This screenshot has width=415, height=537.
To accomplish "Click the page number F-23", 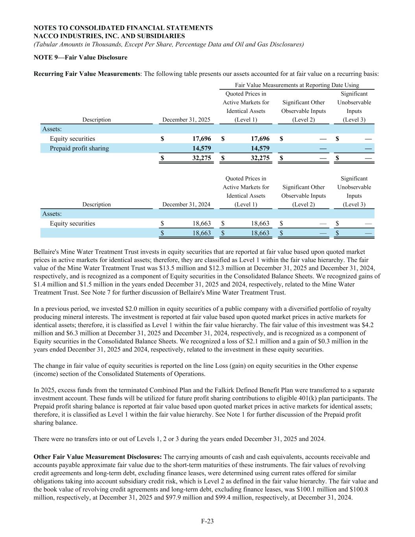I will (207, 521).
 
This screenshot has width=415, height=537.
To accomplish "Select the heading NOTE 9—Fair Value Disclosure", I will (81, 57).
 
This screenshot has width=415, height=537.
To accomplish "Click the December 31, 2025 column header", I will (186, 120).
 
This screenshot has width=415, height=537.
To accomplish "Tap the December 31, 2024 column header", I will (186, 205).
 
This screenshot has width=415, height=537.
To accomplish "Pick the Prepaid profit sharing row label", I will (79, 148).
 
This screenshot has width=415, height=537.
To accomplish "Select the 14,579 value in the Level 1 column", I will (260, 148).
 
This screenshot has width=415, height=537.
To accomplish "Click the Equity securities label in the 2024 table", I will (72, 223).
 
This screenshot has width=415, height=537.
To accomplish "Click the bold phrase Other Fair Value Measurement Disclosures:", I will (98, 457).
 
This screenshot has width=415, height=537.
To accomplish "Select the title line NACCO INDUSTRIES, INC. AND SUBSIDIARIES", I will (109, 36).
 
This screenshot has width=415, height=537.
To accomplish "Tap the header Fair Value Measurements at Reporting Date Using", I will (297, 85).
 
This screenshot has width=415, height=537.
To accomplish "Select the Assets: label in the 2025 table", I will (52, 129).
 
